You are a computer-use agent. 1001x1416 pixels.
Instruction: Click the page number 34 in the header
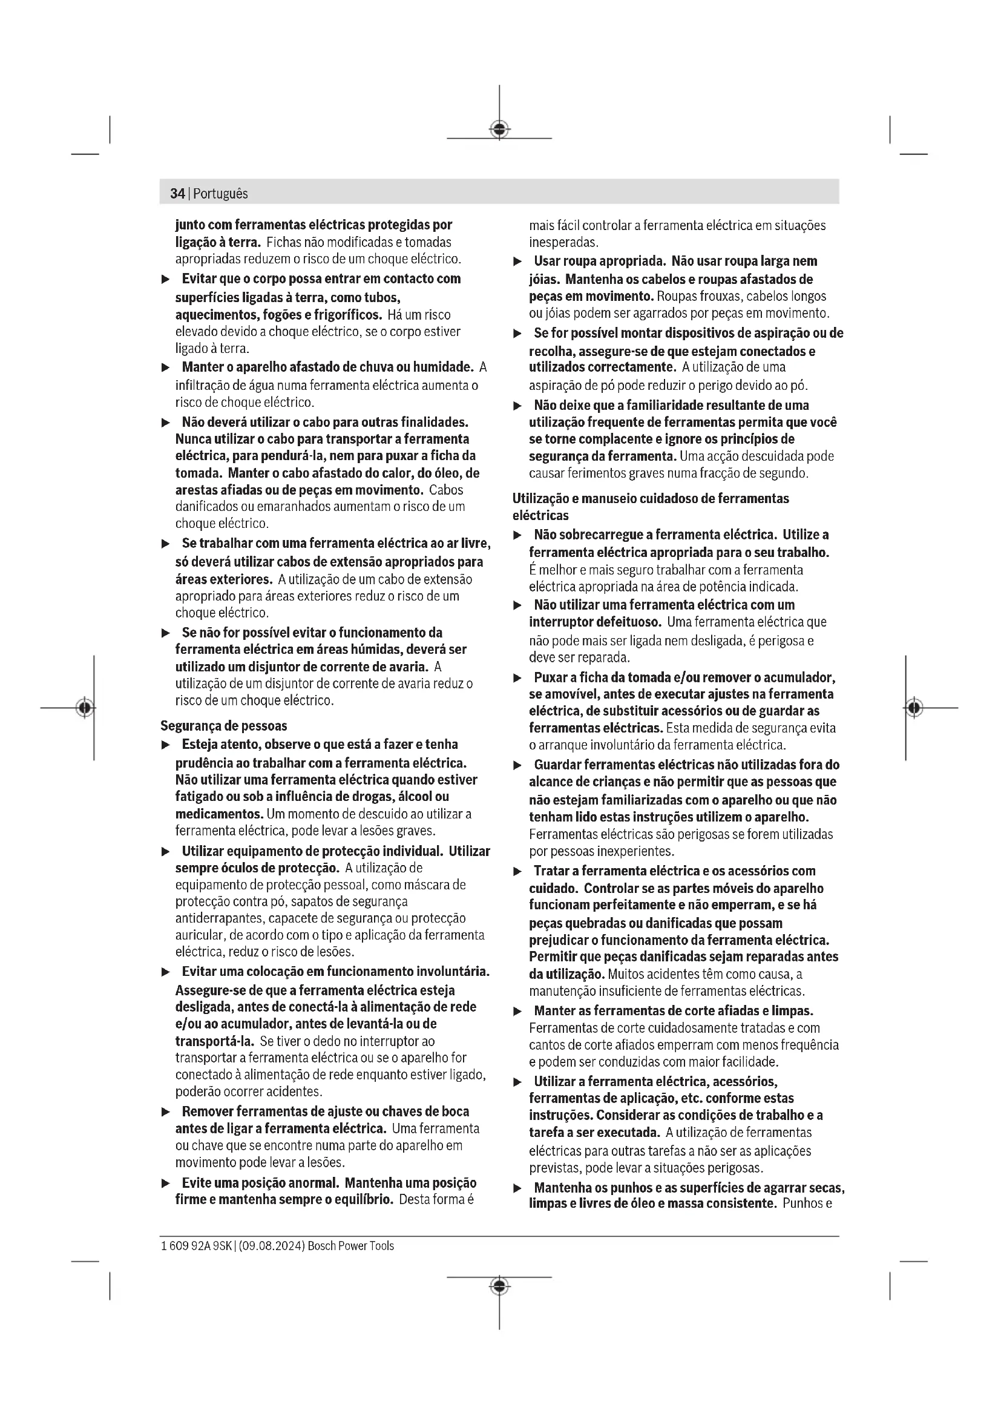177,194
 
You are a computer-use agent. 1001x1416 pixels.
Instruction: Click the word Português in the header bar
220,194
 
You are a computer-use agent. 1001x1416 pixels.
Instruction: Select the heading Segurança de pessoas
224,726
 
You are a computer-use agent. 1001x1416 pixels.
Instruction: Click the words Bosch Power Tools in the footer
351,1246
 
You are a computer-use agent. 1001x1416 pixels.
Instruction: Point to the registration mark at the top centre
499,130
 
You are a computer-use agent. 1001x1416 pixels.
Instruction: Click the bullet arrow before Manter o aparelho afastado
165,368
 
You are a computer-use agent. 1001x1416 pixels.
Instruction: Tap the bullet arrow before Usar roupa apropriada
518,262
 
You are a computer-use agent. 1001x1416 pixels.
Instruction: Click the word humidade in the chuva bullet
442,367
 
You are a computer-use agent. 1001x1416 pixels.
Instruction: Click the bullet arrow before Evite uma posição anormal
165,1184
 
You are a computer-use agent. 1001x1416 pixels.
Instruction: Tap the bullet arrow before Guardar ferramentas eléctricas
518,766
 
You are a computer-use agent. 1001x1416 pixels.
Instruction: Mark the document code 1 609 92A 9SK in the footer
196,1246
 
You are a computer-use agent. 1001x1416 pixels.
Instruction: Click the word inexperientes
635,852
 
